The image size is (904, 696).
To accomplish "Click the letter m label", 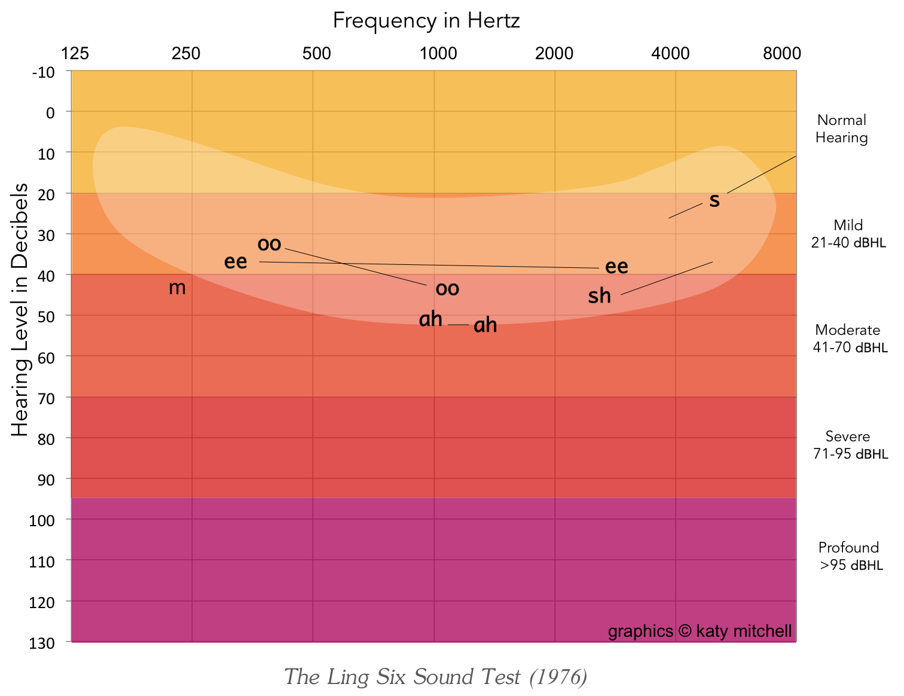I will tap(177, 288).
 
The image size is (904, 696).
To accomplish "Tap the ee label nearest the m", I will tap(236, 262).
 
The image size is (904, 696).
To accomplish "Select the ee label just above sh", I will tap(616, 267).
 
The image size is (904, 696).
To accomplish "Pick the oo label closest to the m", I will tap(269, 244).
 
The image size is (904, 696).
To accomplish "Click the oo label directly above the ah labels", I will tap(447, 289).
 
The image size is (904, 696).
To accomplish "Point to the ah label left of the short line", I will tap(430, 319).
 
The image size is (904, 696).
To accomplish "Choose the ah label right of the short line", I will tap(485, 325).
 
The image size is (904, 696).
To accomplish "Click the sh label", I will tap(599, 296).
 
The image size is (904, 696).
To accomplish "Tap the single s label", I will tap(714, 200).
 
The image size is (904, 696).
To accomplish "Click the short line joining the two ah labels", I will tap(458, 325).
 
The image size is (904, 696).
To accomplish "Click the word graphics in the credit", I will tap(640, 631).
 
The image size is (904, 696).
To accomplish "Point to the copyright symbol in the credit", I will tap(685, 631).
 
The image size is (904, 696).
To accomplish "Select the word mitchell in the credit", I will tap(764, 631).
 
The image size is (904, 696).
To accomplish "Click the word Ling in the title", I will tap(348, 677).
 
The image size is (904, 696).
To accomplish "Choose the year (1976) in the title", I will tap(558, 677).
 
